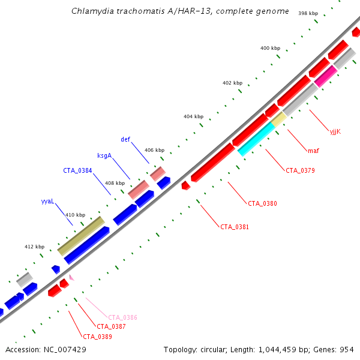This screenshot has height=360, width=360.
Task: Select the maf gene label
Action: pyautogui.click(x=313, y=150)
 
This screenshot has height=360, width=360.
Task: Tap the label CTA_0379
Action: pyautogui.click(x=300, y=170)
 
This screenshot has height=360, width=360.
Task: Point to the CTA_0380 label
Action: pyautogui.click(x=262, y=203)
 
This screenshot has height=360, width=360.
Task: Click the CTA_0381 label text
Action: pyautogui.click(x=235, y=227)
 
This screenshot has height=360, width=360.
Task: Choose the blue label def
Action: pyautogui.click(x=125, y=139)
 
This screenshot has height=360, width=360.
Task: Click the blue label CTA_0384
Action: pyautogui.click(x=77, y=170)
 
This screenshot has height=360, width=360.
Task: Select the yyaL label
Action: pyautogui.click(x=47, y=202)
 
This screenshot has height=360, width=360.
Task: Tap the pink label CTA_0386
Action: pyautogui.click(x=122, y=317)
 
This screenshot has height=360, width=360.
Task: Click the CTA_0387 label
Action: pyautogui.click(x=111, y=326)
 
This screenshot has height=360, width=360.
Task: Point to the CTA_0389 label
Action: pyautogui.click(x=97, y=337)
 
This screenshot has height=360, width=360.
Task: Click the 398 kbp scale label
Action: pyautogui.click(x=308, y=13)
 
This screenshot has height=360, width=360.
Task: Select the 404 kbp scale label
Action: pyautogui.click(x=193, y=116)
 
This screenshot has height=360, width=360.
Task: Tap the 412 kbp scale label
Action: pyautogui.click(x=34, y=247)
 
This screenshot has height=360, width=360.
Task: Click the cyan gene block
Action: pyautogui.click(x=256, y=139)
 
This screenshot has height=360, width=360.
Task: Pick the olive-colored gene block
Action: pyautogui.click(x=81, y=235)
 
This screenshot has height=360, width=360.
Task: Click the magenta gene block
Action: pyautogui.click(x=326, y=75)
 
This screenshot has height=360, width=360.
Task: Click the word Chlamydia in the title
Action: pyautogui.click(x=90, y=11)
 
